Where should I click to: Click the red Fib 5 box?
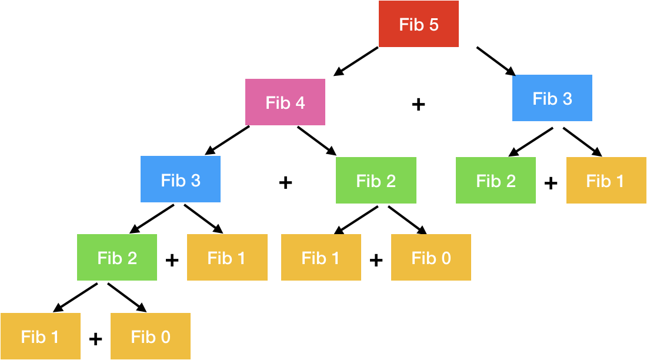tap(418, 24)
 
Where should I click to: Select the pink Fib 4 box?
tap(285, 102)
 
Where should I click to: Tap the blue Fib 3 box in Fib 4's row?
tap(552, 98)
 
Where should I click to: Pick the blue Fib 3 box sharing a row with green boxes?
tap(180, 179)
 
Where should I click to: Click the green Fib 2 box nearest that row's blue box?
tap(376, 180)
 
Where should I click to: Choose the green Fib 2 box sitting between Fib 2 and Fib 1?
tap(495, 180)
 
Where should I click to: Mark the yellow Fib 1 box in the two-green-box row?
tap(606, 180)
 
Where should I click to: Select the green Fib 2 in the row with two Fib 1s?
tap(116, 257)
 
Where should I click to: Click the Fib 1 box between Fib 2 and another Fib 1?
tap(227, 257)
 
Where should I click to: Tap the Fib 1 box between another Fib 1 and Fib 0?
tap(321, 257)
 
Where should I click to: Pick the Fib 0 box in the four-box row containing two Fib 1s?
tap(431, 257)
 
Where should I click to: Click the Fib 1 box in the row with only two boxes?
tap(40, 336)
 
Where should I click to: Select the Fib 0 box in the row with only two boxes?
tap(150, 336)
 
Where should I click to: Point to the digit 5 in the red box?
tap(434, 25)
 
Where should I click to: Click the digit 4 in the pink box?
tap(300, 103)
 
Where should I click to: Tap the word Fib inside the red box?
tap(411, 25)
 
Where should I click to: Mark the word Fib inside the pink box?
tap(278, 103)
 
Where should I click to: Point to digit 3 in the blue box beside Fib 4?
tap(567, 99)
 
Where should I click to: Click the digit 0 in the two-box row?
tap(165, 336)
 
